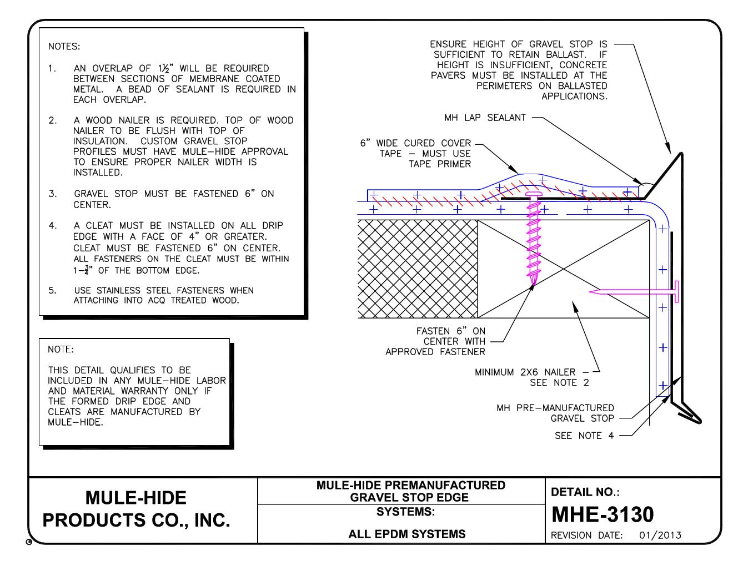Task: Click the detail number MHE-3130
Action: point(602,515)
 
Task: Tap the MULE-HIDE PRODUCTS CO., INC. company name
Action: point(137,509)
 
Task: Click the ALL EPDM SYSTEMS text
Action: point(407,534)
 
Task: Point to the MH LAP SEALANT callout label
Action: point(485,118)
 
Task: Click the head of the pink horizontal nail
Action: point(677,291)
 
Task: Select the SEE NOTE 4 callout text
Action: point(584,436)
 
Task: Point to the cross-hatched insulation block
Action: point(418,269)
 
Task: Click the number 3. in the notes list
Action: point(52,194)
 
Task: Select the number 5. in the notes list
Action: point(52,290)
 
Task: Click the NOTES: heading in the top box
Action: point(64,46)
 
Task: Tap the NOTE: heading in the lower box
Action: point(61,350)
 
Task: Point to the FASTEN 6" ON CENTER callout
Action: point(450,341)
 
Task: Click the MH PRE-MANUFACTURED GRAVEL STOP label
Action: point(555,413)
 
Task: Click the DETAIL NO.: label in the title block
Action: point(585,492)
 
